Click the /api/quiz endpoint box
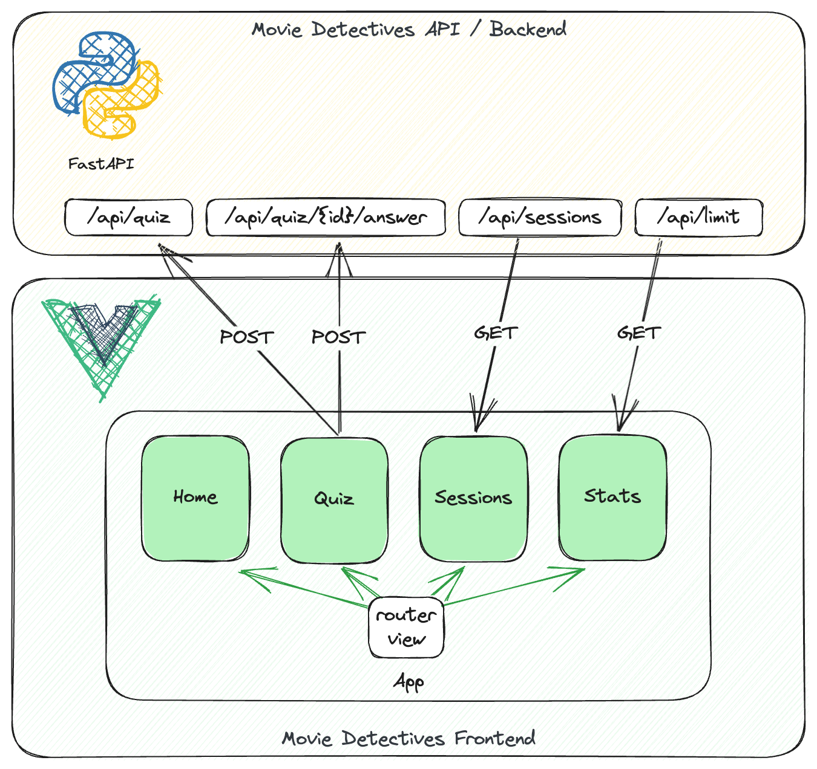pos(128,218)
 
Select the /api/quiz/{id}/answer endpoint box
pos(326,218)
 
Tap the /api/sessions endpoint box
pos(540,218)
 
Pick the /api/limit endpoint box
pos(698,218)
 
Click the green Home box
pos(195,498)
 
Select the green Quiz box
pos(334,499)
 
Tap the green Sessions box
pos(473,498)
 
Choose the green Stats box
pos(612,497)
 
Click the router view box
pos(406,628)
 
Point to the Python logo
pos(106,85)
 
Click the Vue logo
pos(102,345)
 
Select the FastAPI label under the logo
pos(101,164)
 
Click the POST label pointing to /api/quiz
pos(246,337)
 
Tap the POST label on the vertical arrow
pos(338,337)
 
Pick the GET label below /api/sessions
pos(496,333)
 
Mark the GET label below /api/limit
pos(638,333)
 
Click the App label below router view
pos(408,683)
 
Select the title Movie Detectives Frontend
pos(408,738)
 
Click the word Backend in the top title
pos(528,29)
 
